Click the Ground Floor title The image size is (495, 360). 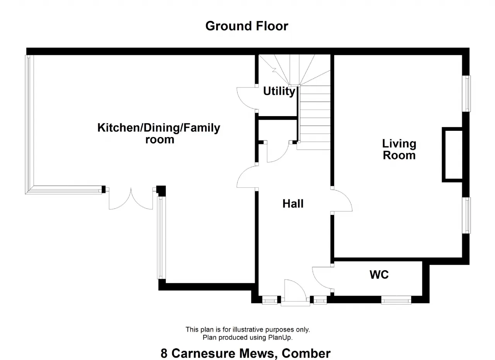tap(247, 26)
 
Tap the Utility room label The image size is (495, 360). tap(279, 91)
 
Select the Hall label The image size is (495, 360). tap(293, 204)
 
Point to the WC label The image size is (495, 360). tap(379, 274)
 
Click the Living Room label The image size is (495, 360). tap(399, 149)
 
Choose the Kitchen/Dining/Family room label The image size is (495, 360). tap(159, 134)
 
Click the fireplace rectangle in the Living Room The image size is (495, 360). tap(452, 154)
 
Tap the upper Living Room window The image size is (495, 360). tap(467, 94)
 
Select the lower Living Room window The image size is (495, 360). tap(467, 215)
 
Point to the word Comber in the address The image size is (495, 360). tap(306, 353)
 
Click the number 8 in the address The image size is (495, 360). tap(164, 353)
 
